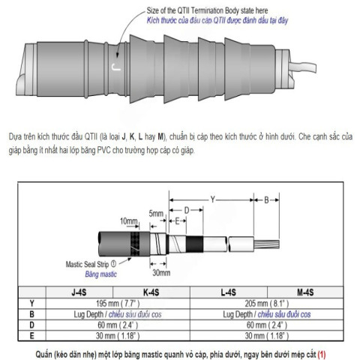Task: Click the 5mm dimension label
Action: coord(157,213)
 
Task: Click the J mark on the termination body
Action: coord(114,66)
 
